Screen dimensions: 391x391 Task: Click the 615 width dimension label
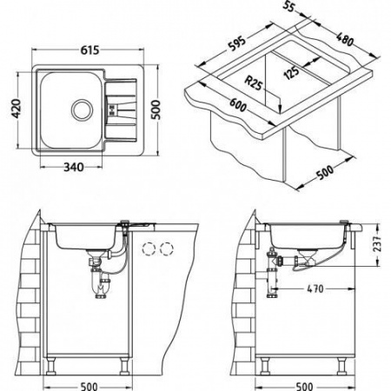coord(89,50)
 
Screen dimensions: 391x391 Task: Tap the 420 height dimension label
coord(16,109)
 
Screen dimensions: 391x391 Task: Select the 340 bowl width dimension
coord(74,167)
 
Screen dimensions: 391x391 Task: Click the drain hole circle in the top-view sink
coord(83,109)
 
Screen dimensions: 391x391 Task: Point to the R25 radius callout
coord(254,83)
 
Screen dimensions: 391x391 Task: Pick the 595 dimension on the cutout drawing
coord(237,43)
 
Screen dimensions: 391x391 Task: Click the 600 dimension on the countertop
coord(238,105)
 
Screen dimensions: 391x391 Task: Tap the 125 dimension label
coord(291,73)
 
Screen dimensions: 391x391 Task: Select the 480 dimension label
coord(345,39)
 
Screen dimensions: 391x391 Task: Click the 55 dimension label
coord(288,6)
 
